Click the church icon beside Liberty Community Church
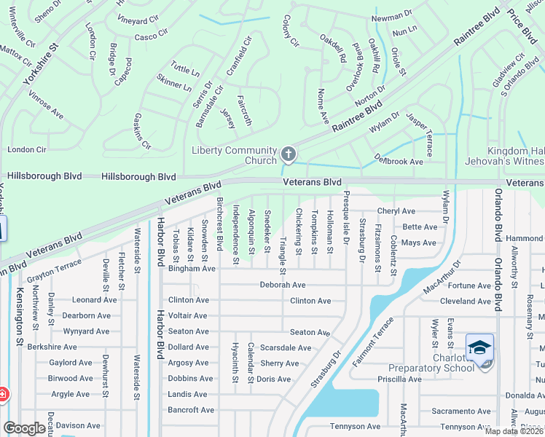pyautogui.click(x=289, y=154)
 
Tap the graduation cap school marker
pyautogui.click(x=479, y=348)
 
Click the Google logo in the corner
pyautogui.click(x=24, y=428)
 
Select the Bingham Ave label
pyautogui.click(x=192, y=269)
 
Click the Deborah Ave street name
pyautogui.click(x=283, y=285)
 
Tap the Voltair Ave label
pyautogui.click(x=188, y=316)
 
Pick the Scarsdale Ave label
pyautogui.click(x=286, y=348)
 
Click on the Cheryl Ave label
pyautogui.click(x=396, y=211)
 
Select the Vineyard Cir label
pyautogui.click(x=138, y=21)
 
